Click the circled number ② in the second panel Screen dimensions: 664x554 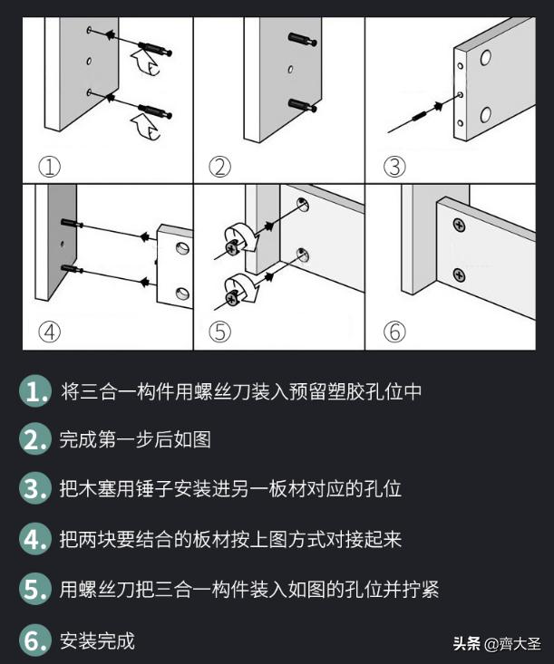point(219,167)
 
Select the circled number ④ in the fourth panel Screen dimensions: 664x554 point(48,332)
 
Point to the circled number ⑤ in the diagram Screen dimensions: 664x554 point(219,332)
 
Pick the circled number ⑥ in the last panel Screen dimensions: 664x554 point(394,332)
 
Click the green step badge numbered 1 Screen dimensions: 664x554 point(34,392)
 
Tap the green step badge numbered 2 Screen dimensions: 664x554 point(34,441)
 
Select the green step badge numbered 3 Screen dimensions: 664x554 point(34,490)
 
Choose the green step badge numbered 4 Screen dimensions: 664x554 point(34,540)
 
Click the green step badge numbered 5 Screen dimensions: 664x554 point(34,590)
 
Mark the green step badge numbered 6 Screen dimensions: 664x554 point(34,641)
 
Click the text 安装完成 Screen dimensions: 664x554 point(97,641)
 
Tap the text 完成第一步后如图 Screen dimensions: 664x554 point(135,441)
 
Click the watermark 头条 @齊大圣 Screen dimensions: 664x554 point(496,644)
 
